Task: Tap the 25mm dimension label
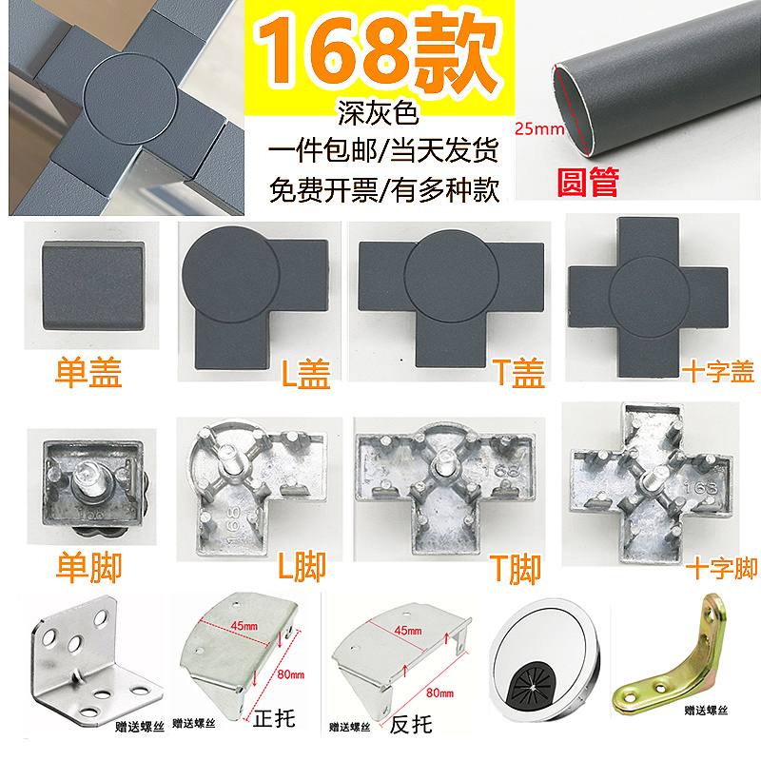(535, 127)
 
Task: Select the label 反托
(411, 724)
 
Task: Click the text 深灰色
(379, 116)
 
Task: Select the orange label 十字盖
(716, 373)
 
